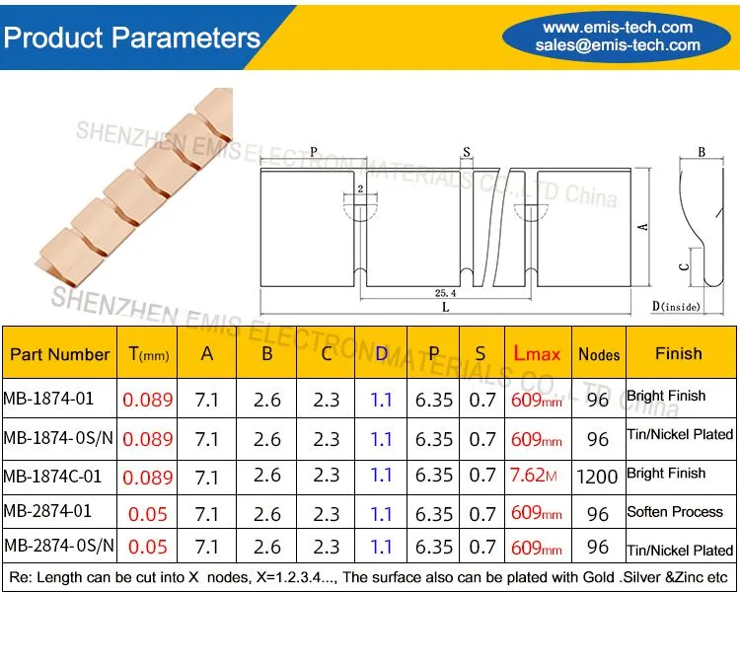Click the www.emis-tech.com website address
tap(618, 28)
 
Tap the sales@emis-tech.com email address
tap(618, 44)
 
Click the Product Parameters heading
tap(132, 37)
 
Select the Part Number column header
tap(60, 354)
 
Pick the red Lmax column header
tap(537, 353)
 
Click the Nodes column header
tap(599, 354)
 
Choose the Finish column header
tap(679, 353)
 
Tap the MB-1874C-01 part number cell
tap(52, 477)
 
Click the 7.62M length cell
tap(533, 475)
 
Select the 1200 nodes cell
tap(597, 477)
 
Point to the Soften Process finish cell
tap(675, 512)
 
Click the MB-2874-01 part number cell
tap(47, 511)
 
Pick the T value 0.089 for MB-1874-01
tap(148, 400)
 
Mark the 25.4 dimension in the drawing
tap(446, 293)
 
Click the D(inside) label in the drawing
tap(676, 306)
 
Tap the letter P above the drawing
tap(314, 152)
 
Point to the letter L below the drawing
tap(446, 308)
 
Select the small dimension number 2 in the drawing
tap(360, 188)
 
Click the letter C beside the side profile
tap(684, 267)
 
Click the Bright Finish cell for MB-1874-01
tap(666, 396)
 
